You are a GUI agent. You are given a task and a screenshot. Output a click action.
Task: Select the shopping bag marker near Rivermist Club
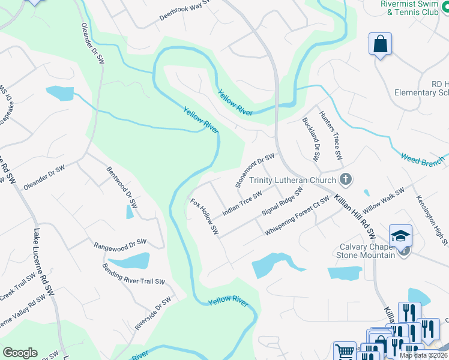coord(380,44)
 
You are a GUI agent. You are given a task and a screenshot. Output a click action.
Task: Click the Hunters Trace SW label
coord(331,135)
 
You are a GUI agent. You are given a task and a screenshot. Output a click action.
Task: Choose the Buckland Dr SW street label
coord(312,139)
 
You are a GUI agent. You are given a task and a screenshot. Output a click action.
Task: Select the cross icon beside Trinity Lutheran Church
coord(345,179)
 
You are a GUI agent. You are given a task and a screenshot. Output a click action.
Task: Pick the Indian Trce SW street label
coord(242,204)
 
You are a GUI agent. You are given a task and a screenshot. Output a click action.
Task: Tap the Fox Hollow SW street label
coord(204,216)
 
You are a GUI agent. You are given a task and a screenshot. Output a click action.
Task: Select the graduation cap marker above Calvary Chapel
coord(400,236)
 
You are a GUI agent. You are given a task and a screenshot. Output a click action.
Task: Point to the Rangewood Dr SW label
coord(120,244)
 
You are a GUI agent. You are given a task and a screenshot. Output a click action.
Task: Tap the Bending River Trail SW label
coord(133,274)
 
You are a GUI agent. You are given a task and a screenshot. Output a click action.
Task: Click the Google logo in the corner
coord(20,353)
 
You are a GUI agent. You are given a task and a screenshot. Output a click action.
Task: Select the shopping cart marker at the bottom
coord(344,351)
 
